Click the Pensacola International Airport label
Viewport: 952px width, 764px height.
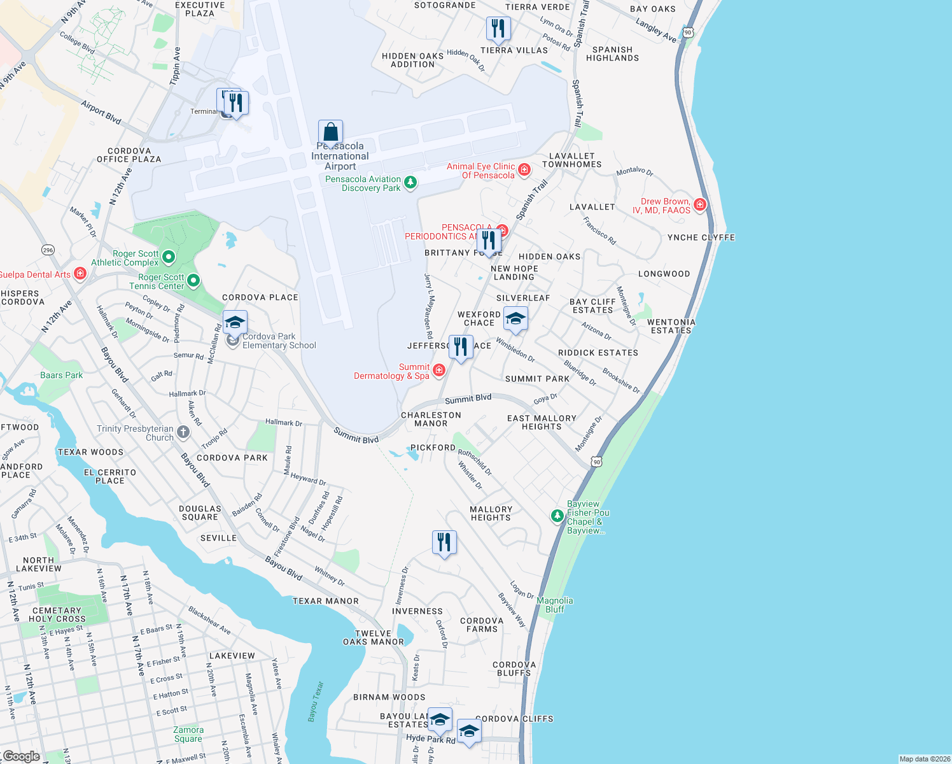coord(340,157)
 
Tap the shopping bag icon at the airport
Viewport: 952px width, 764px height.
coord(330,132)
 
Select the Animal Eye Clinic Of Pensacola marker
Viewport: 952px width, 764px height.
coord(524,169)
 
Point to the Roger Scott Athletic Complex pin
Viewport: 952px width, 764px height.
coord(169,257)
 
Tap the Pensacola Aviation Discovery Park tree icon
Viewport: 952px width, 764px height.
coord(410,183)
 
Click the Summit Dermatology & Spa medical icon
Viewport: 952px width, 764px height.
coord(438,370)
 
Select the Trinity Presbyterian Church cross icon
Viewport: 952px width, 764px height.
coord(183,432)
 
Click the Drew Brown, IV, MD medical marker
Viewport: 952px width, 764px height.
coord(700,204)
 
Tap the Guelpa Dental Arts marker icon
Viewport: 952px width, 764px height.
coord(80,274)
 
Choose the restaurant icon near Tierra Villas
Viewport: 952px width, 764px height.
coord(498,29)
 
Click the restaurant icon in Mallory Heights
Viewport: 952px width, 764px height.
coord(444,542)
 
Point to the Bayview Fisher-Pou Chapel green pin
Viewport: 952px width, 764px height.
coord(557,515)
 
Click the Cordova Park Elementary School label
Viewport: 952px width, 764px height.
coord(279,341)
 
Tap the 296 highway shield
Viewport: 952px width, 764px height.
coord(48,250)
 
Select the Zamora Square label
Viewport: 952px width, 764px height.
coord(188,734)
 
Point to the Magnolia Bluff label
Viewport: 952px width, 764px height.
coord(555,605)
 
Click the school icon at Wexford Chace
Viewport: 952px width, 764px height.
coord(515,318)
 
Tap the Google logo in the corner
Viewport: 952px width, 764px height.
coord(21,756)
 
